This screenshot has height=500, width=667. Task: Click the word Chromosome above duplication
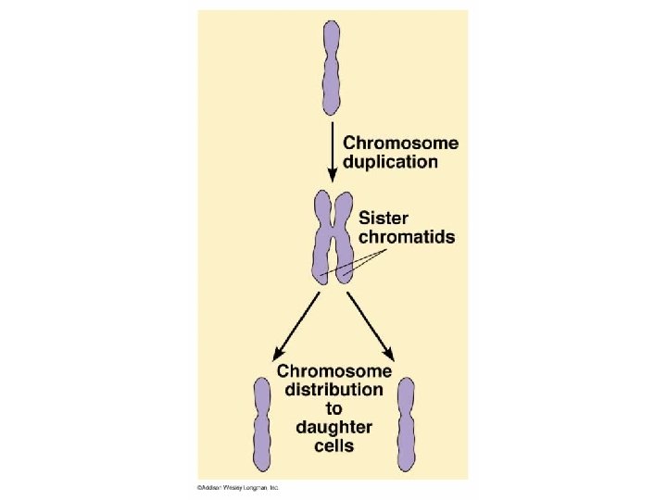pos(400,144)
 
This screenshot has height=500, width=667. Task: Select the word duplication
pos(390,162)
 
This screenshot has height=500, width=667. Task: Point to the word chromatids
pos(406,238)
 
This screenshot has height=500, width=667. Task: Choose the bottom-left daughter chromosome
pos(263,426)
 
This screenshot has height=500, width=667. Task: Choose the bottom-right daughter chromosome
pos(406,426)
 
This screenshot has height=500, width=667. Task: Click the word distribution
pos(333,390)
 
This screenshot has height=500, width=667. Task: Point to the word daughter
pos(333,427)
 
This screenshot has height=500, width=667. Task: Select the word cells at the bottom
pos(333,445)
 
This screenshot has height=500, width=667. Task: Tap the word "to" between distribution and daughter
pos(333,408)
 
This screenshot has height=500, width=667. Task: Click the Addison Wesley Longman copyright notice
pos(237,487)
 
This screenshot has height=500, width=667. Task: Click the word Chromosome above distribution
pos(333,371)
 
